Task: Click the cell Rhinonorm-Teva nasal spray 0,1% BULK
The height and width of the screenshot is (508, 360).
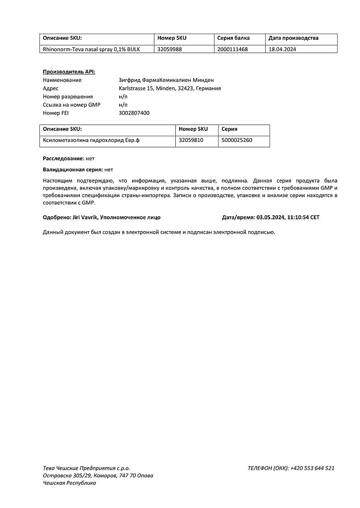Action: tap(91, 49)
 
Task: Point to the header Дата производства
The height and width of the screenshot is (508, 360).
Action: tap(293, 38)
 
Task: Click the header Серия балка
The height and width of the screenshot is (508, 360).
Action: tap(233, 38)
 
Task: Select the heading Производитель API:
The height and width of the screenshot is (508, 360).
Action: tap(69, 72)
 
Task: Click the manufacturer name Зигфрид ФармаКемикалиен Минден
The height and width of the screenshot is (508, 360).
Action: tap(166, 80)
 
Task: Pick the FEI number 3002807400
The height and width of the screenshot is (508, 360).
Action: tap(134, 113)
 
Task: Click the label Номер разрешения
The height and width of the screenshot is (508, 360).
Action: tap(68, 97)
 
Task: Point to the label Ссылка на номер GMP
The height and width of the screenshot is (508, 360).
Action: tap(72, 105)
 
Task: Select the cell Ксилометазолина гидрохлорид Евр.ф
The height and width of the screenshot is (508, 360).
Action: tap(91, 140)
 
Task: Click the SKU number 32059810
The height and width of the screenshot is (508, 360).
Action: tap(191, 140)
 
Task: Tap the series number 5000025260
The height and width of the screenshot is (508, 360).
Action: tap(237, 140)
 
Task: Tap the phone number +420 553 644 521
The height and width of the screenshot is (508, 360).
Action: tap(312, 468)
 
